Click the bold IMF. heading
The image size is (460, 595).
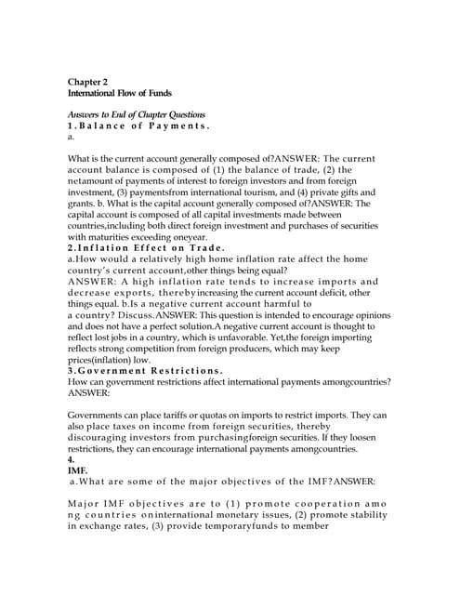77,470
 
